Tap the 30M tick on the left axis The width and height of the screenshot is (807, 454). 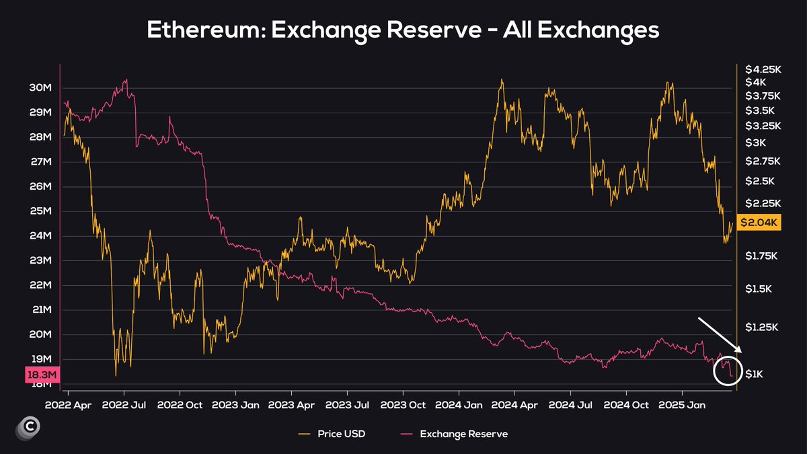(x=40, y=88)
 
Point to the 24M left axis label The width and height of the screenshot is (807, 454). (x=40, y=236)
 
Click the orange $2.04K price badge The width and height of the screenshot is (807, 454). (x=759, y=223)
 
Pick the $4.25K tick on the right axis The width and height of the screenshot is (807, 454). (x=762, y=69)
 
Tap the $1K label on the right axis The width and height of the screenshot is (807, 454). (x=755, y=374)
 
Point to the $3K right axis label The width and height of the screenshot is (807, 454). (x=755, y=143)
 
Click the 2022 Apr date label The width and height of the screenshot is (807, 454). (x=68, y=406)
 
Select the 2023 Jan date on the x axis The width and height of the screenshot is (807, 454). (x=235, y=406)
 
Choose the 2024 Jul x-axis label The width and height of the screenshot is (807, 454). (x=570, y=406)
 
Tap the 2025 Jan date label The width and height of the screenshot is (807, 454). (x=682, y=406)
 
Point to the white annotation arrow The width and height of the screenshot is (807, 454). (x=720, y=335)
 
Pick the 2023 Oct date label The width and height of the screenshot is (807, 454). (x=403, y=406)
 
